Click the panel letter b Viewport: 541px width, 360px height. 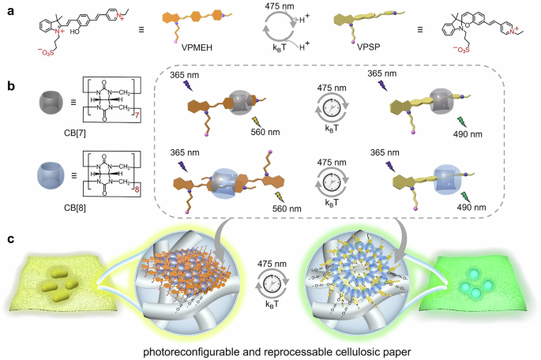point(9,79)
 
